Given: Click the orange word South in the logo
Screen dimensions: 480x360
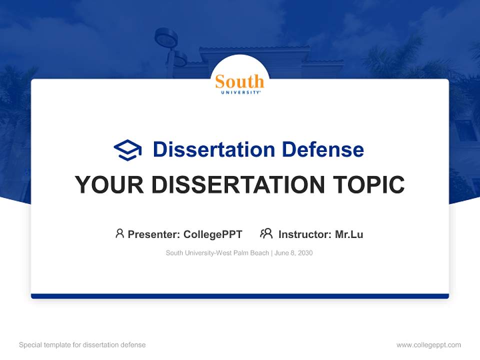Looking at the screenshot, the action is click(239, 81).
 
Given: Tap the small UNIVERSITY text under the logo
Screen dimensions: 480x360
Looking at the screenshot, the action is click(240, 92).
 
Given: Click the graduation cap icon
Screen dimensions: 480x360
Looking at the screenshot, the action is click(127, 150).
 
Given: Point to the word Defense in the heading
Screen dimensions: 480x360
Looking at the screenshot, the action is click(323, 149).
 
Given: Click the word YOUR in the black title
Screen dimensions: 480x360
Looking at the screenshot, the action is click(109, 184).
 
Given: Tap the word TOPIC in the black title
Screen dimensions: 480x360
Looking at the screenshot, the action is click(369, 184).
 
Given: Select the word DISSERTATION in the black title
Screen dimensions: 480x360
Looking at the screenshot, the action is click(238, 184).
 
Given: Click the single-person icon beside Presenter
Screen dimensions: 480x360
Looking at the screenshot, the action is click(119, 233).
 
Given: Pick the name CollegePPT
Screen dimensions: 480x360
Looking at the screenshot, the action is click(213, 234).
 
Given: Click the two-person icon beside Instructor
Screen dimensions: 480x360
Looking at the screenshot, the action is click(266, 233).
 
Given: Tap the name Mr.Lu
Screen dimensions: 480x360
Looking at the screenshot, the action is click(349, 234).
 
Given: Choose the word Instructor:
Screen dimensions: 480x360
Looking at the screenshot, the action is click(305, 234).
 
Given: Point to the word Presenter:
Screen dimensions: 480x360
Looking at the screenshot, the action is click(154, 234).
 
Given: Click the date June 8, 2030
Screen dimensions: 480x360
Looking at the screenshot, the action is click(293, 253).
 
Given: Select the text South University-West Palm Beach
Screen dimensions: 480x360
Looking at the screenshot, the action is click(217, 253).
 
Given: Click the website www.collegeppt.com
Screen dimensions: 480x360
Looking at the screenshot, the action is click(428, 345).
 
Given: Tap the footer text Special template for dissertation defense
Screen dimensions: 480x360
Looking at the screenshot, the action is click(82, 345).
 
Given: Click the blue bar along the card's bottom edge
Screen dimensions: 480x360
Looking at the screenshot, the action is click(240, 296).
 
